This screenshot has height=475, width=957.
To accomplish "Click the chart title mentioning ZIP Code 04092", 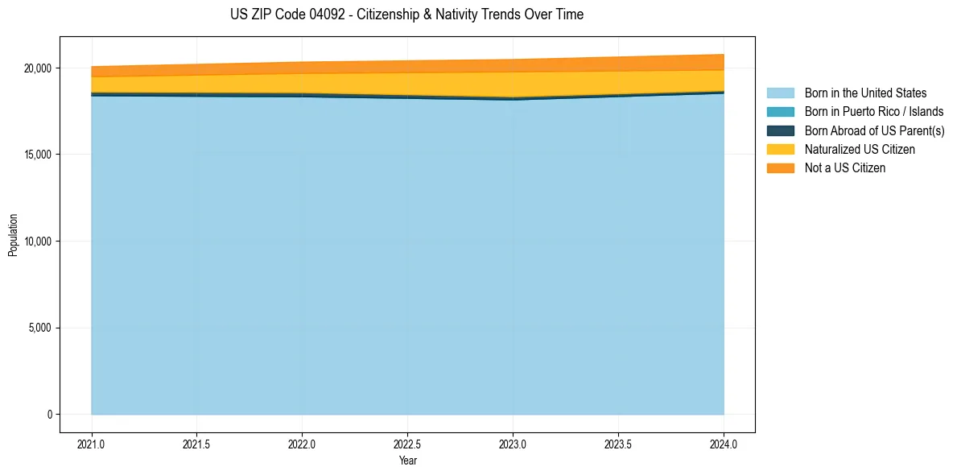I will tap(406, 14).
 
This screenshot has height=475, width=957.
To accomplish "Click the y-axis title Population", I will tap(13, 234).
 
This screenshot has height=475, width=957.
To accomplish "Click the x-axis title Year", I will tap(407, 461).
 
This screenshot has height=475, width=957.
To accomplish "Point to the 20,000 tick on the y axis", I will tap(37, 68).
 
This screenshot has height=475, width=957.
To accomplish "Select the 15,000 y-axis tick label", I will tap(37, 155).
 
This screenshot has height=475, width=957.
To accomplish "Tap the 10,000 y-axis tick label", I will tap(37, 242).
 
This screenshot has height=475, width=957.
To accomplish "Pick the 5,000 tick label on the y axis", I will tap(39, 328).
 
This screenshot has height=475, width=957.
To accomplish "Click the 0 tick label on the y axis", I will tap(49, 415).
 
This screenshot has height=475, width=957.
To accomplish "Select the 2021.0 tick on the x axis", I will tap(92, 444).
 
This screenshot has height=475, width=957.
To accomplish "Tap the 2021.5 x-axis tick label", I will tap(197, 444).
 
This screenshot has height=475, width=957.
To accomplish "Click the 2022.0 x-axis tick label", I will tap(302, 444).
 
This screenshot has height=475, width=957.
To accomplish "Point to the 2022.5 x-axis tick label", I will tap(407, 444).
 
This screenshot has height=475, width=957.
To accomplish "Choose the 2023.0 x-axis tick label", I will tap(513, 444).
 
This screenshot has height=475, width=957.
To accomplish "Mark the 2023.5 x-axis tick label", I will tap(618, 444).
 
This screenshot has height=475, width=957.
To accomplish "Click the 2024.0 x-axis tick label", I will tap(724, 444).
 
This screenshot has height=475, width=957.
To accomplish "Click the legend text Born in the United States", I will tap(865, 93).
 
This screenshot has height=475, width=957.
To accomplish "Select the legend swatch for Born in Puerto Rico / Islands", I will tap(780, 112).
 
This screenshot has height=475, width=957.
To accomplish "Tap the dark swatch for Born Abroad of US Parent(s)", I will tap(780, 130).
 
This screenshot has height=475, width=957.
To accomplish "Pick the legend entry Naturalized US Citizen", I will tap(860, 150).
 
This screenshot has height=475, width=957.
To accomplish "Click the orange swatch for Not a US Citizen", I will tap(780, 168).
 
